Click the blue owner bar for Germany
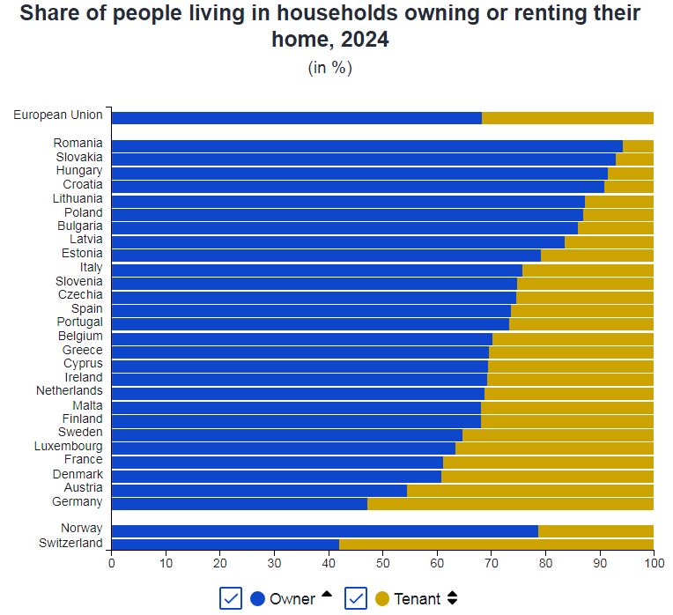point(239,504)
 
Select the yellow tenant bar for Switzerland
point(496,544)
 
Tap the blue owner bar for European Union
point(297,118)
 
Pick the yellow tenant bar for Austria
point(529,490)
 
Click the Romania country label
point(78,143)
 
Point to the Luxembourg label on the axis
point(69,446)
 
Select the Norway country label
point(81,529)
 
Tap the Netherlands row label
point(69,391)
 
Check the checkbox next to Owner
point(231,598)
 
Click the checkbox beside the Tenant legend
point(356,598)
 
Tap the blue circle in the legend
point(258,599)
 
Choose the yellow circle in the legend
point(382,599)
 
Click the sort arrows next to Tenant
point(453,598)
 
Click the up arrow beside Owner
point(327,596)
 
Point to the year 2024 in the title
point(361,40)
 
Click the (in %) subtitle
point(330,68)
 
